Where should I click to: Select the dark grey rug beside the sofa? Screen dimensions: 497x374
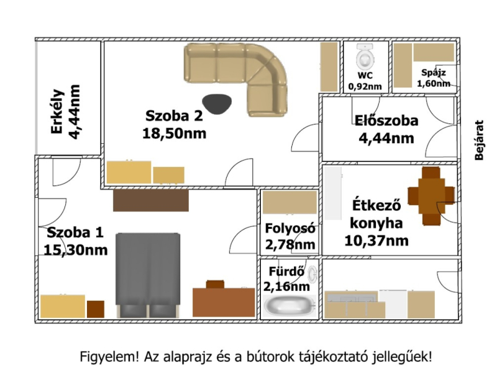[x=217, y=104]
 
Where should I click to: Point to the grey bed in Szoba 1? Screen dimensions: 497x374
[x=148, y=275]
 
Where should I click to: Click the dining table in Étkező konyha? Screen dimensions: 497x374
[x=431, y=196]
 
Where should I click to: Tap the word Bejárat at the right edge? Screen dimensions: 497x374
[x=479, y=140]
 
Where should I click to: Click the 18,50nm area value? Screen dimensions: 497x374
[x=175, y=133]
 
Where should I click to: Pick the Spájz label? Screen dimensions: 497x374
[x=433, y=73]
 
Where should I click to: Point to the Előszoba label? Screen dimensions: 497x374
[x=386, y=120]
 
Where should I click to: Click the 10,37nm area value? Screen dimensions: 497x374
[x=376, y=241]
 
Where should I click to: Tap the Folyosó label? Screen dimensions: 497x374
[x=290, y=228]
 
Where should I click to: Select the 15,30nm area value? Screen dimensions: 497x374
[x=75, y=250]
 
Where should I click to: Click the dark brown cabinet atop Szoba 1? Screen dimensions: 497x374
[x=151, y=200]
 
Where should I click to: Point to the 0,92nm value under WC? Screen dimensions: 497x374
[x=365, y=86]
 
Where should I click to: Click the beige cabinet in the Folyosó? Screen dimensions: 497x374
[x=290, y=202]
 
